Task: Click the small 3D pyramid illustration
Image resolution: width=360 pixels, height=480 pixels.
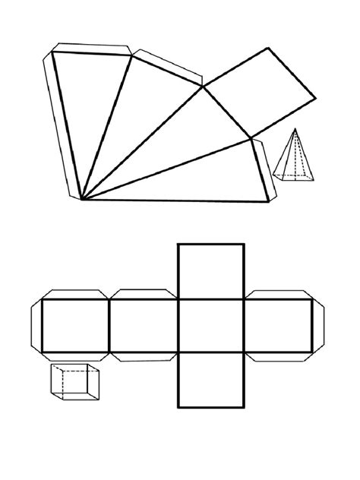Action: coord(295,158)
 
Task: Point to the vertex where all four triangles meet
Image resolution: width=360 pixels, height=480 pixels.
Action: coord(82,200)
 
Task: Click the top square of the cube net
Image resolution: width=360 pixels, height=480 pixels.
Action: coord(211,270)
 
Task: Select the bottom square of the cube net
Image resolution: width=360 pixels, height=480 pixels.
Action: coord(211,380)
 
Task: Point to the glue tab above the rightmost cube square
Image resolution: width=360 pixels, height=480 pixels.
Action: coord(277,295)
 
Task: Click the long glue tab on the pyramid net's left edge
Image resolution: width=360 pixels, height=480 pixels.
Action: coord(63,125)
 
